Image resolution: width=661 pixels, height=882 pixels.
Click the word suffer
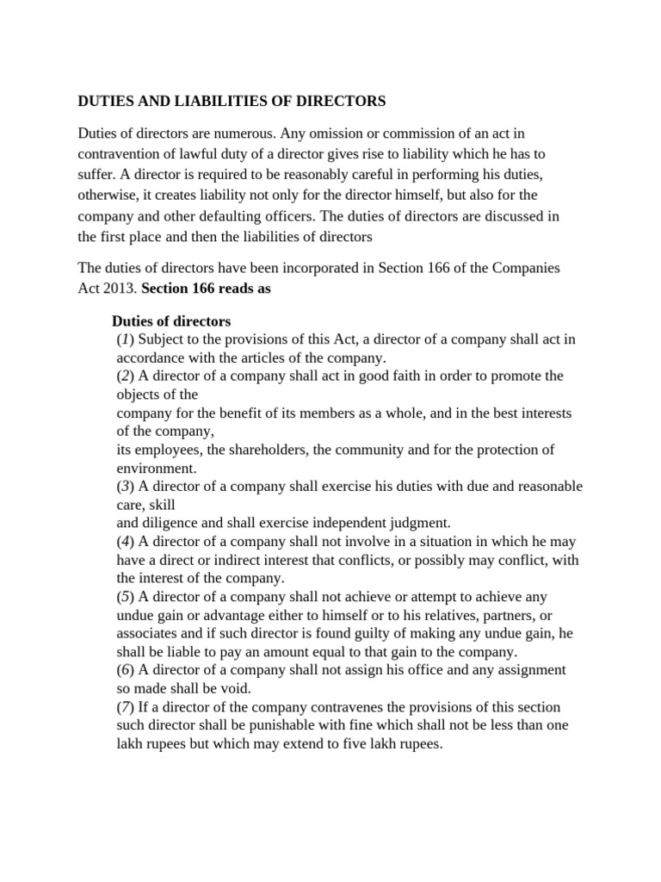96,174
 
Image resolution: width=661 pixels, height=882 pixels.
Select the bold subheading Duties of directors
171,321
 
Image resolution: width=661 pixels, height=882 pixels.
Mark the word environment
155,468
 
